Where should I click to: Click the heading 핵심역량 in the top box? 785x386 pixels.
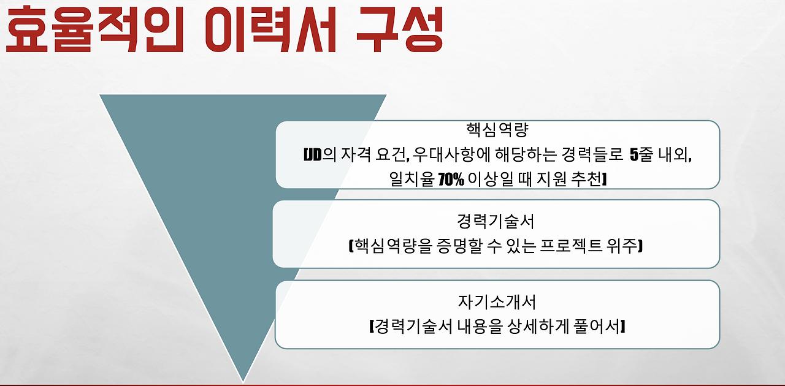click(497, 131)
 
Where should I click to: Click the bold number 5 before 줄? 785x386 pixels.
click(634, 154)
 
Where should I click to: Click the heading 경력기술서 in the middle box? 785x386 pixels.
click(496, 221)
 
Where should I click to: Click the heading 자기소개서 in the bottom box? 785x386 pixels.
click(497, 302)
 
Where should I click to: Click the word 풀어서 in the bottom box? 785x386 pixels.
click(600, 327)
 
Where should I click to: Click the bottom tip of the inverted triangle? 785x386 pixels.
click(243, 380)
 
